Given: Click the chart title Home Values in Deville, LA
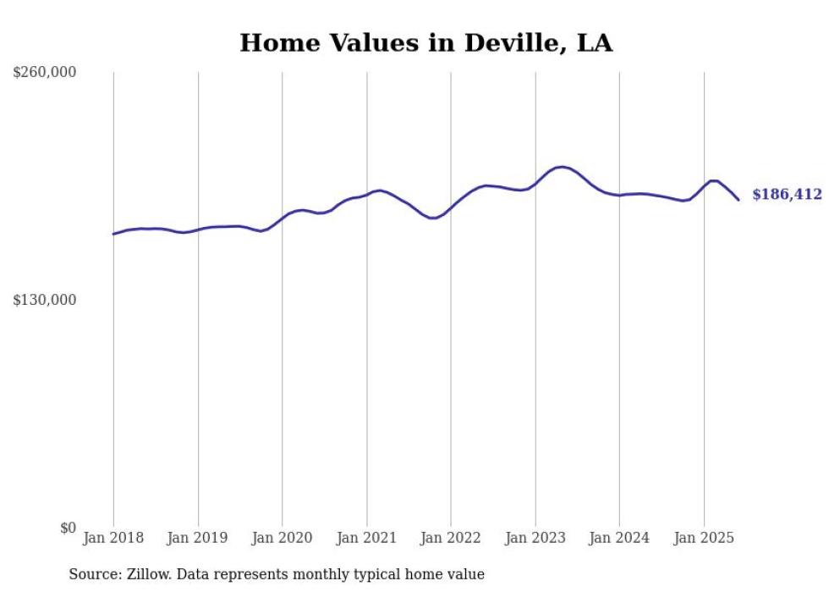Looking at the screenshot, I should point(425,42).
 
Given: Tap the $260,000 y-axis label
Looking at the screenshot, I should point(45,73).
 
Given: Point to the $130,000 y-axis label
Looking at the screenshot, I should point(45,300).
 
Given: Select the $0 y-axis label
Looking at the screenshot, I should point(68,528).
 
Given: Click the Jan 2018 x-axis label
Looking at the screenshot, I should point(113,538).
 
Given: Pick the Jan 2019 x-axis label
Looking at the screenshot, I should point(198,538).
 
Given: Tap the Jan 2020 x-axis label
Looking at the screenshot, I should point(282,538).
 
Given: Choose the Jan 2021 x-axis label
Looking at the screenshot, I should point(366,538).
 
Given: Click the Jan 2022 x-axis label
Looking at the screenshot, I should point(451,538).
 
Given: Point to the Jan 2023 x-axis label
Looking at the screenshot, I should point(535,538).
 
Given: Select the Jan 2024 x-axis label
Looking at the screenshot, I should point(619,538).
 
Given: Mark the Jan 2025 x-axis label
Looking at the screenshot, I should point(704,538).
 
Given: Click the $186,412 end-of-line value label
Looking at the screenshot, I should point(787,195).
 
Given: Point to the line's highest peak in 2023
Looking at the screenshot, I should point(561,167).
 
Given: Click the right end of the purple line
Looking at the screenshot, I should point(739,200).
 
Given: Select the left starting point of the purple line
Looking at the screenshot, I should point(113,234).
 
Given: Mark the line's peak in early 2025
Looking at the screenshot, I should point(713,181).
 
